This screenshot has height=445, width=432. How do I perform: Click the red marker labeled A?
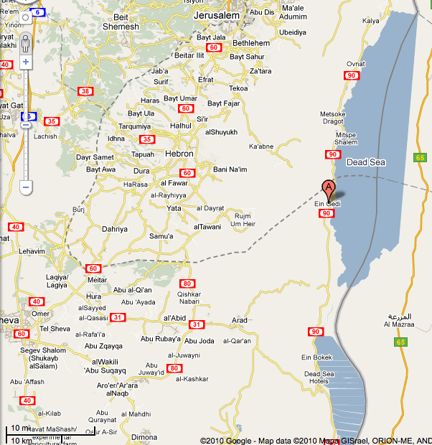(x=329, y=188)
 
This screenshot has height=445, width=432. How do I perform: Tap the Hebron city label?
(x=179, y=154)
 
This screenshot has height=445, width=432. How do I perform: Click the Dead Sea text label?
(x=366, y=163)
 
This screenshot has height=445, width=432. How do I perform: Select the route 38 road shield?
(x=86, y=91)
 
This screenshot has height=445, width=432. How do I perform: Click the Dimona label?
(x=145, y=436)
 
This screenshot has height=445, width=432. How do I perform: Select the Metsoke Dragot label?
(x=333, y=118)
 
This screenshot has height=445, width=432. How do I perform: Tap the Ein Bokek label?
(x=315, y=357)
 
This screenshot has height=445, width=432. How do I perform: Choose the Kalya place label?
(x=371, y=21)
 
